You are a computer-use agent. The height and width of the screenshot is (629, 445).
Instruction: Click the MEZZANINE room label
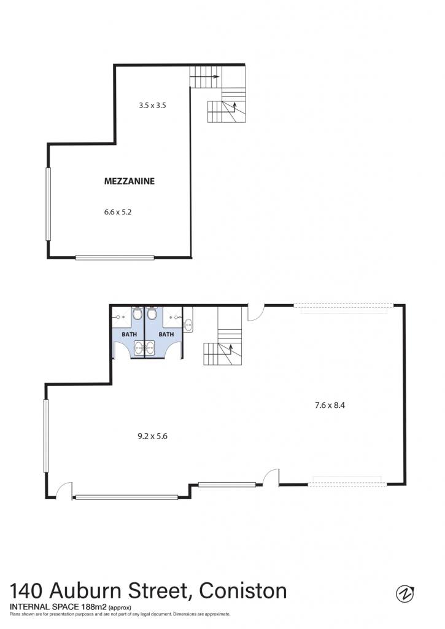pos(129,181)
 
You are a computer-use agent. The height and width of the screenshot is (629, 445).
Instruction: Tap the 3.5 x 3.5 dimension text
pos(152,106)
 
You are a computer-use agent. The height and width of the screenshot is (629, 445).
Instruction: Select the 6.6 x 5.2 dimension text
pos(118,212)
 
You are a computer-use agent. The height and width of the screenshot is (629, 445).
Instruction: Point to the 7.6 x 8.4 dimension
pos(330,405)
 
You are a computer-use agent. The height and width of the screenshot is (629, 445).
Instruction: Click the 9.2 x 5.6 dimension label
pos(152,437)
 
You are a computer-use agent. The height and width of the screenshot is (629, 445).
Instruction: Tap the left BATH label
pos(129,334)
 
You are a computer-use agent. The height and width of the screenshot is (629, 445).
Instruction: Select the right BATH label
pos(166,334)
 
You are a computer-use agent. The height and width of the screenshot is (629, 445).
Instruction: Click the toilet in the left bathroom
pos(137,313)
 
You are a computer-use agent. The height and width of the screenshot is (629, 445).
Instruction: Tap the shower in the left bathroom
pos(122,317)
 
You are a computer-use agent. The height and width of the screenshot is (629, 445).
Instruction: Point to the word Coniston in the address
pos(243,591)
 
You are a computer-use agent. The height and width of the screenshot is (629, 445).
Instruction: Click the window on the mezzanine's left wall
pos(48,204)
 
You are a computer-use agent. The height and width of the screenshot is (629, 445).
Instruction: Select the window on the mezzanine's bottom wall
pos(115,257)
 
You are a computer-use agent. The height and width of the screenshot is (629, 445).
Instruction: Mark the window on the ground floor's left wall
pos(45,436)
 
